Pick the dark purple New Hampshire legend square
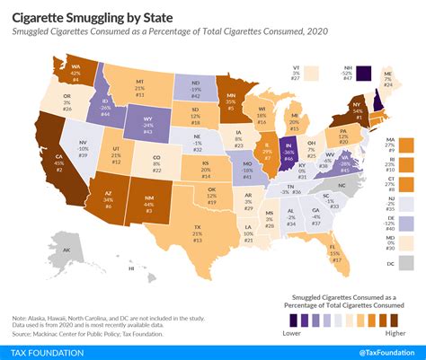click(365, 74)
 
